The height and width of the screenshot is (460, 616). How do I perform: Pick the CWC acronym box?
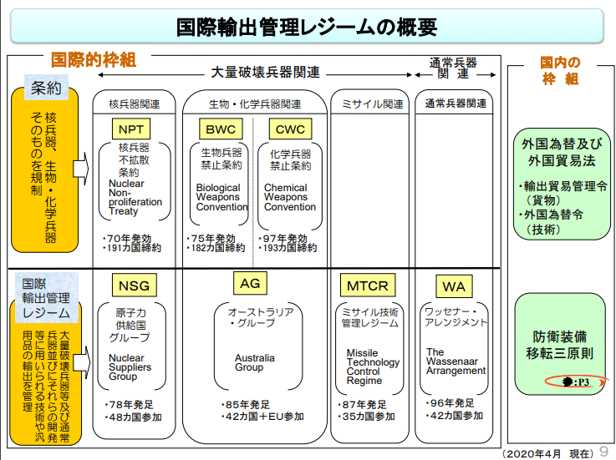click(289, 129)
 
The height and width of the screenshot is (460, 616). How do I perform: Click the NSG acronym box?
click(134, 286)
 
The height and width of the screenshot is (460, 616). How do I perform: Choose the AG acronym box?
click(250, 284)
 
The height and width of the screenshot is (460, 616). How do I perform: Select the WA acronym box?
click(453, 286)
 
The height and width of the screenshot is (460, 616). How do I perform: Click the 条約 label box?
click(46, 88)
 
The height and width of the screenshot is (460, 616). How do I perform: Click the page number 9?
click(603, 451)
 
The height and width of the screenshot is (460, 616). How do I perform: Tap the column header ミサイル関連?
click(373, 104)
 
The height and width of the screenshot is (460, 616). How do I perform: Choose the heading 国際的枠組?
click(93, 60)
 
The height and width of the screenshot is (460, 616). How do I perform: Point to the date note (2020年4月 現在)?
click(549, 452)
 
